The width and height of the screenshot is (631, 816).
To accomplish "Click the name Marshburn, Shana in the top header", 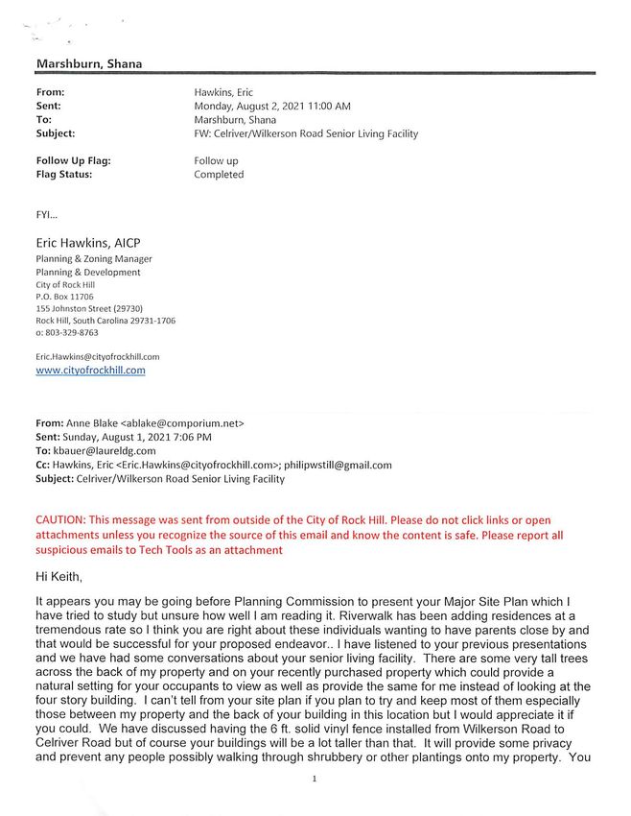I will click(x=89, y=64).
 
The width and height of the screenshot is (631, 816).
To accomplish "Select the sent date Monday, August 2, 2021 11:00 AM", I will click(x=272, y=106).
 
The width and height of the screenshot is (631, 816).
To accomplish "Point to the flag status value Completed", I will click(x=219, y=175).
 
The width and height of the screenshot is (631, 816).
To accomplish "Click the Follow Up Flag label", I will click(x=73, y=161).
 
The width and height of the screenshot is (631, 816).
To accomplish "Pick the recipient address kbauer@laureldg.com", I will click(x=105, y=450).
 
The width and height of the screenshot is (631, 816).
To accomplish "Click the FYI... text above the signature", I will click(x=46, y=216).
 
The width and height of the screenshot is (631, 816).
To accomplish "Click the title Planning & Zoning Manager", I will click(x=93, y=259).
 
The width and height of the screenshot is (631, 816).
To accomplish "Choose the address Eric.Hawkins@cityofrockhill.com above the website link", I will click(x=97, y=356).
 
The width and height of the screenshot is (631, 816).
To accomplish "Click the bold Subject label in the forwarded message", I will click(x=58, y=478).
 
